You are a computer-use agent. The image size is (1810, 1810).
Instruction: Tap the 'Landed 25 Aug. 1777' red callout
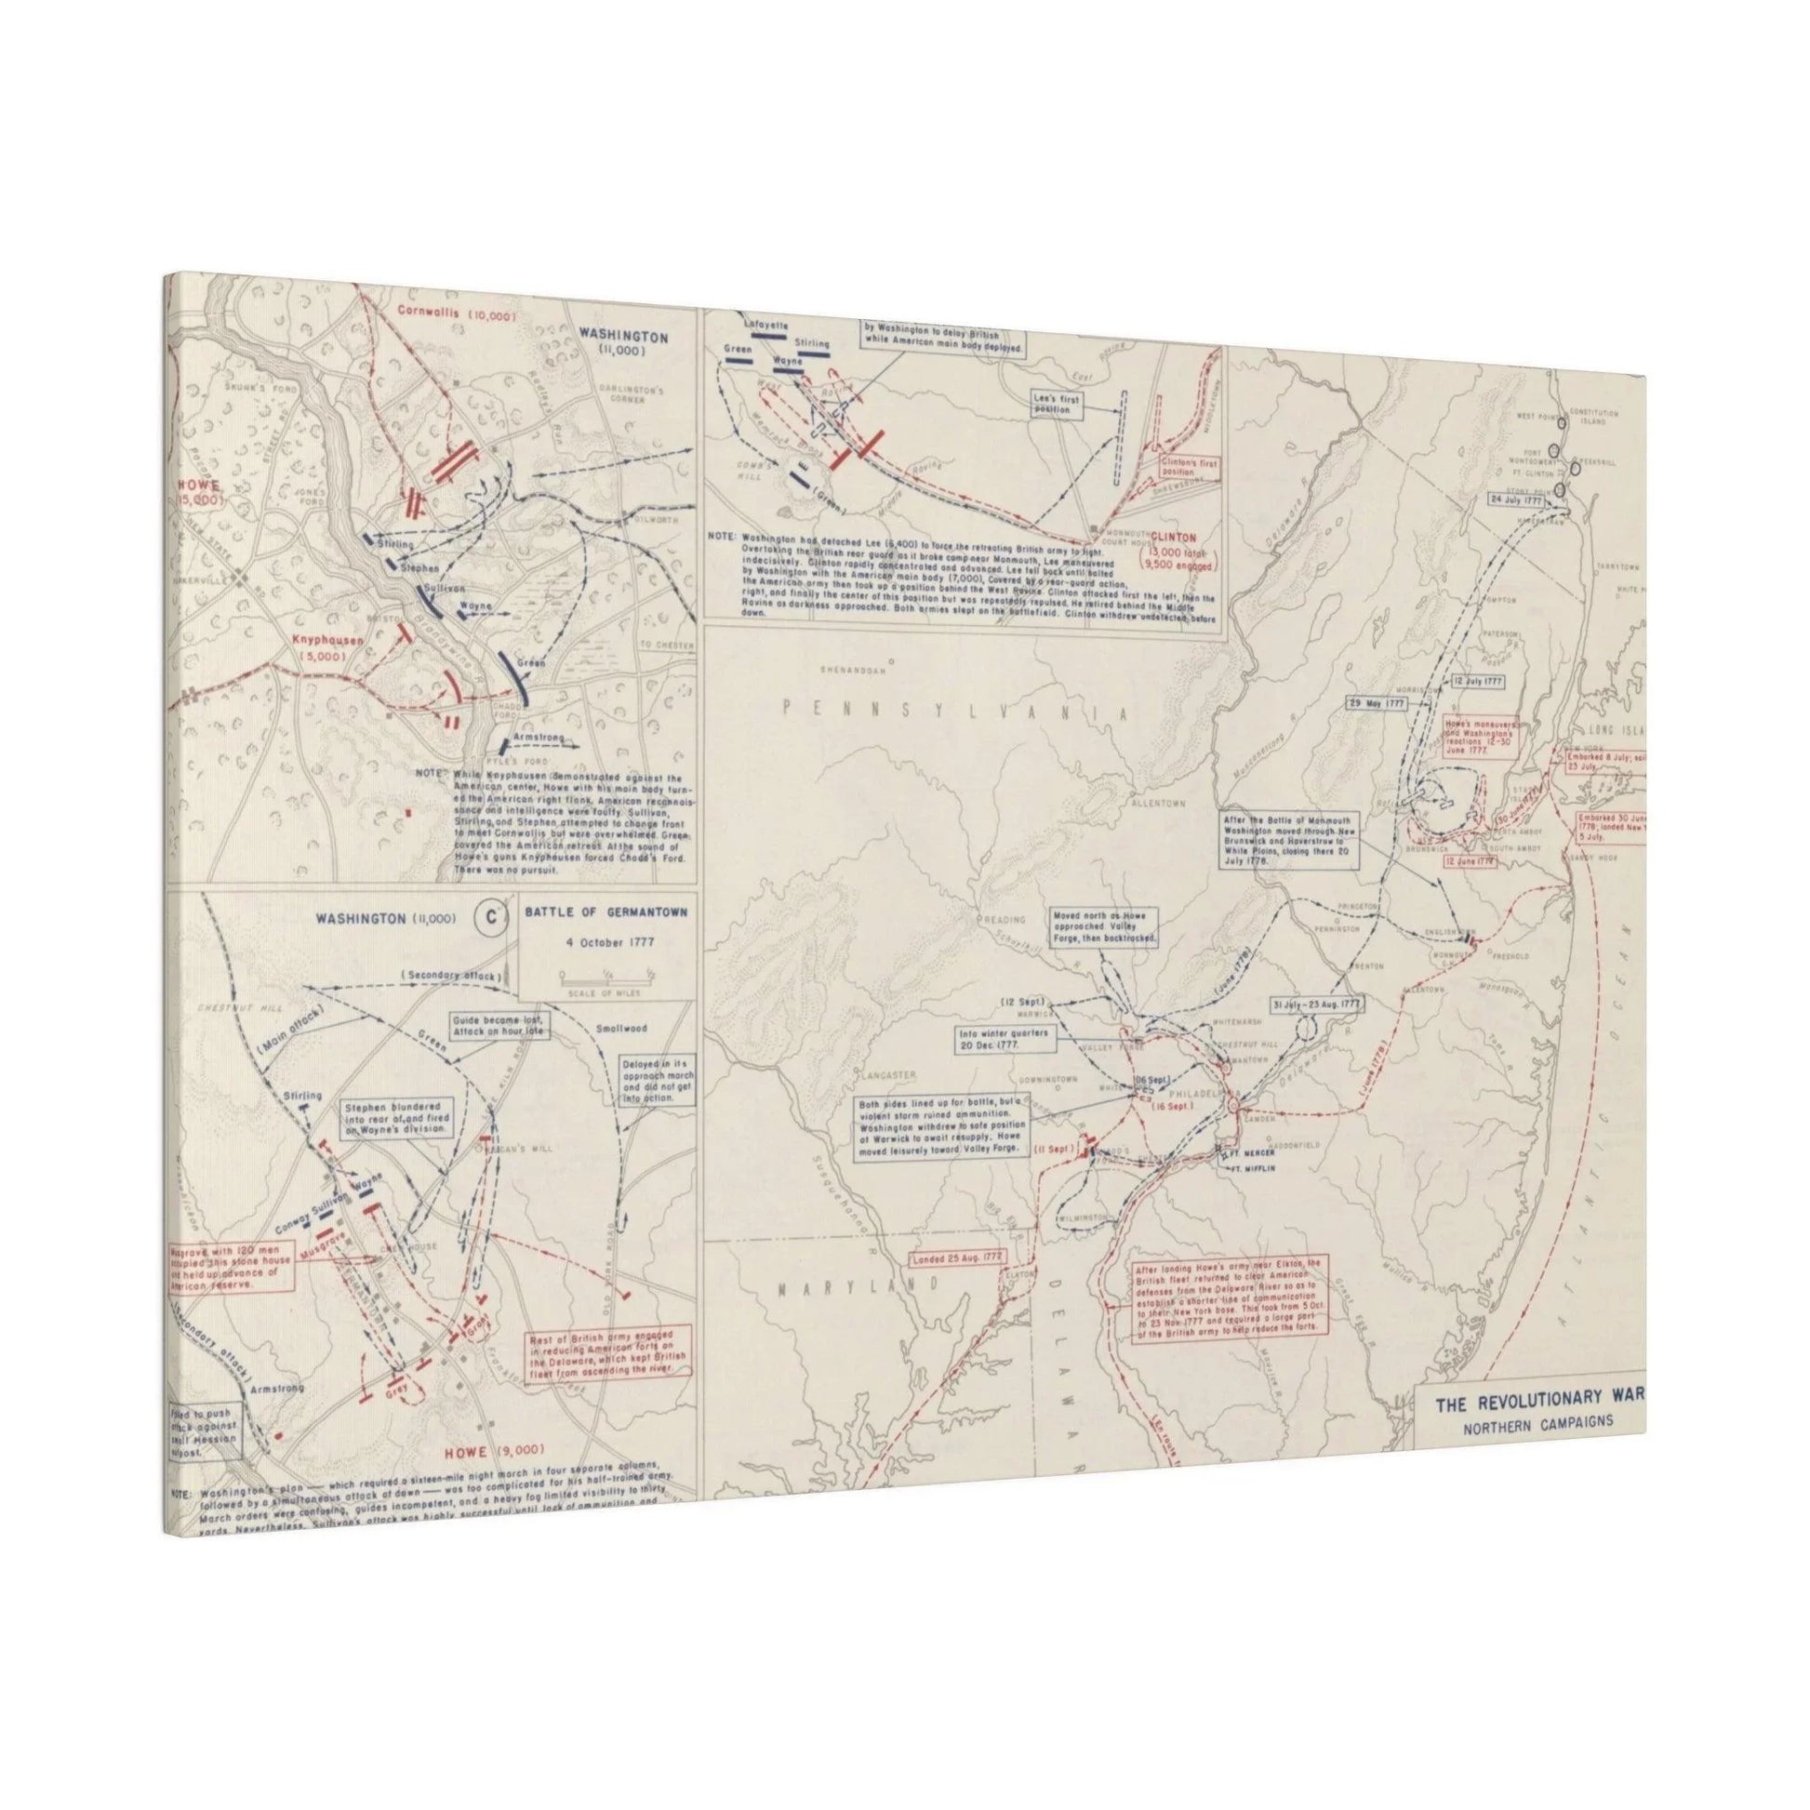point(963,1257)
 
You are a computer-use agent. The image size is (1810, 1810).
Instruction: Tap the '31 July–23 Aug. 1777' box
point(1318,1004)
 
